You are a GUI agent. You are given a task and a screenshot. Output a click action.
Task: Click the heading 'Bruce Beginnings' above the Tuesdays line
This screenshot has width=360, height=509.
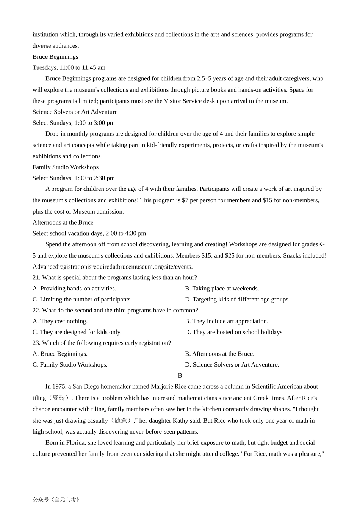point(55,57)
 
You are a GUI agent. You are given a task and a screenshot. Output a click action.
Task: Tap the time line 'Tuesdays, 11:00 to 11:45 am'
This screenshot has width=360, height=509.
point(69,68)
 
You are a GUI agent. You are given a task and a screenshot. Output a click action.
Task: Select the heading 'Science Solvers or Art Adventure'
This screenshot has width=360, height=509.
point(75,112)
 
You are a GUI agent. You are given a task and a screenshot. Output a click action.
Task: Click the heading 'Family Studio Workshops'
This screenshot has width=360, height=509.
point(66,167)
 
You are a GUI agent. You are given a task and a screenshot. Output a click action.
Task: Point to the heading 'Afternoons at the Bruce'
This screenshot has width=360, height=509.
point(63,223)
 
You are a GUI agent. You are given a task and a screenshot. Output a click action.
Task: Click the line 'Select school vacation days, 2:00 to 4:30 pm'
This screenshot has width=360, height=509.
point(89,234)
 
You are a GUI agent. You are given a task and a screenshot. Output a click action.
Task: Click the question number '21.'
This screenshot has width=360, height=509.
point(36,278)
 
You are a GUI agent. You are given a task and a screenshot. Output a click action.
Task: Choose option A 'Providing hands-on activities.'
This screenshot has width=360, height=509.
point(74,289)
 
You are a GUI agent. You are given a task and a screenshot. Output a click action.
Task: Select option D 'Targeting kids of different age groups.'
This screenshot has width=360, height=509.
point(237,300)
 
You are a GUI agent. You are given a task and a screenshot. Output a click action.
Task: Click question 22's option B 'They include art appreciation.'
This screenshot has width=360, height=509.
point(227,322)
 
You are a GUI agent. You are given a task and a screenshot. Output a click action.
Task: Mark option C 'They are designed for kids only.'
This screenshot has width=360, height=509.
point(77,333)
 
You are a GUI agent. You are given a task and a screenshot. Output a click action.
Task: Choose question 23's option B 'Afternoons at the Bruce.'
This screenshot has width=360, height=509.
point(219,354)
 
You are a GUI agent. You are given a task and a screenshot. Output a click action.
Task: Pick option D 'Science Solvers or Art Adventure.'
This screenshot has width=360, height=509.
point(232,365)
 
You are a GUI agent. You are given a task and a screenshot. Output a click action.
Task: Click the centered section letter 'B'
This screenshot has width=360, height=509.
point(180,376)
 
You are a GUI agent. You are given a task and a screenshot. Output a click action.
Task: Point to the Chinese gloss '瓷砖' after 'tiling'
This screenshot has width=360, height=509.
point(59,398)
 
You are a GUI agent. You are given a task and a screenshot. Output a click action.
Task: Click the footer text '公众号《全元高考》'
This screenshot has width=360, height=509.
point(56,500)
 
